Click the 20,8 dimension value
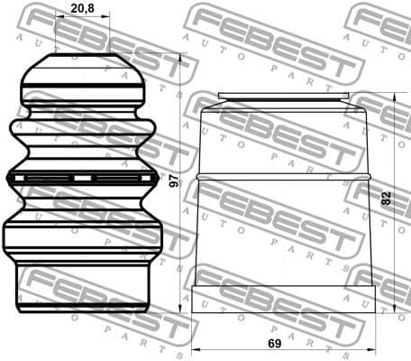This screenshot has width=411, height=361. tap(83, 9)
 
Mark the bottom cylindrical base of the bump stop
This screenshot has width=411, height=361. tap(83, 287)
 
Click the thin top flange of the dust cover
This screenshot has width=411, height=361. tap(285, 96)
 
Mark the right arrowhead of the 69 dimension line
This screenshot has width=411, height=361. tap(371, 347)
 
